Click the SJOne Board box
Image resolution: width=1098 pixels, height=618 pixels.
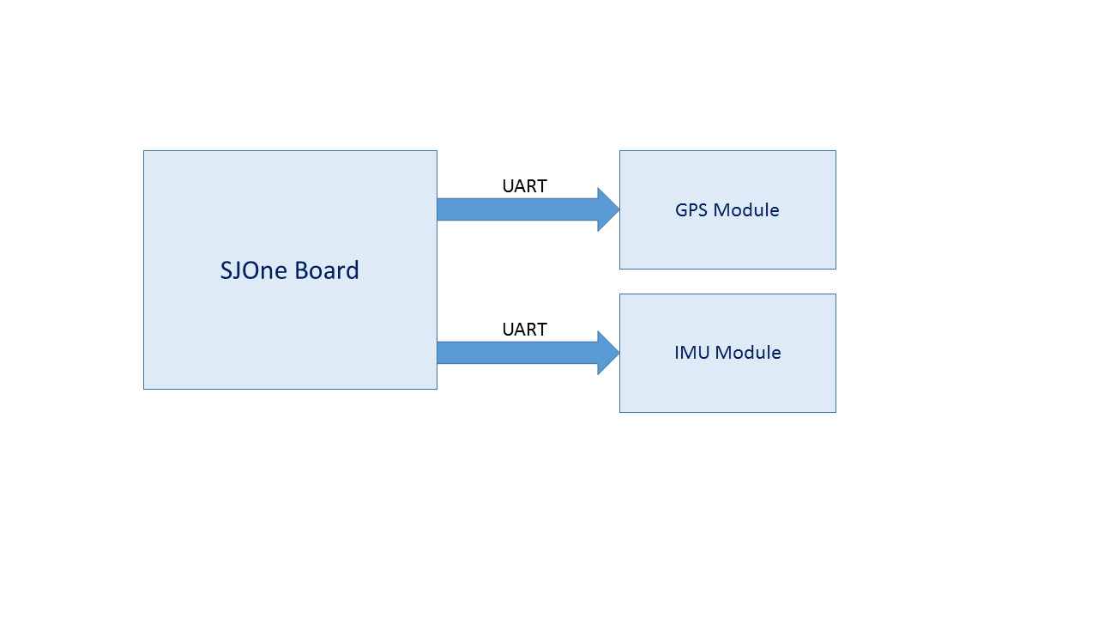290,270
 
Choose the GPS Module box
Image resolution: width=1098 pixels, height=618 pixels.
727,209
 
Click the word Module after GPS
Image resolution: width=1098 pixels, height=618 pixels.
746,210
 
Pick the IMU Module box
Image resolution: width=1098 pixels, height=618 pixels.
727,353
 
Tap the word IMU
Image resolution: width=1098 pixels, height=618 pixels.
691,353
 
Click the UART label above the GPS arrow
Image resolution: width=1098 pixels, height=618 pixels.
524,186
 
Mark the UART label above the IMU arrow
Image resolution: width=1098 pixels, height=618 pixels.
524,330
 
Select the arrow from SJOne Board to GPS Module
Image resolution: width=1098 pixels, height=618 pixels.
528,209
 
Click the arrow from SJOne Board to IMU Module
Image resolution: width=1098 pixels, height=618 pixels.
528,353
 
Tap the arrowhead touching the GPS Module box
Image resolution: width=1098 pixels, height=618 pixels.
609,209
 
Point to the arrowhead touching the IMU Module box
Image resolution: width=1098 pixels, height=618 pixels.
609,353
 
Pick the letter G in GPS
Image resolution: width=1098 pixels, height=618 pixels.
681,210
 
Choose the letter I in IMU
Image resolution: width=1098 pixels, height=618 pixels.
677,353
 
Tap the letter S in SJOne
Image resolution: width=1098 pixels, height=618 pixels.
226,270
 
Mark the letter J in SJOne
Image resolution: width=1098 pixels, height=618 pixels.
238,270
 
